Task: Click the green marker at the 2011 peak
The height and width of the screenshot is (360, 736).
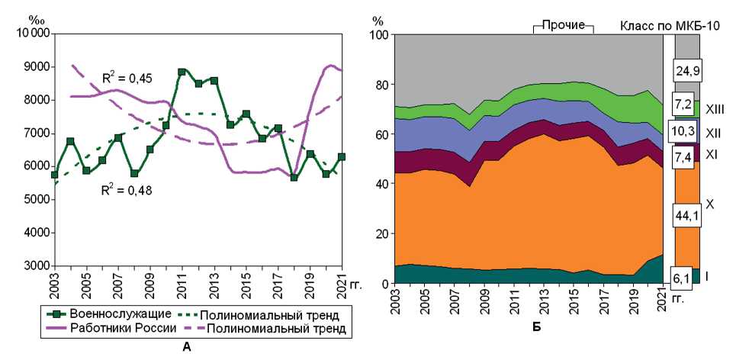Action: coord(182,72)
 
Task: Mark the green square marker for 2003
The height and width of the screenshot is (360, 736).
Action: coord(54,175)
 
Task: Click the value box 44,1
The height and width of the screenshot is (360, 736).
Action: coord(686,216)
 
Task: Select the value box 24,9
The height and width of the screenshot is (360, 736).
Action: coord(686,72)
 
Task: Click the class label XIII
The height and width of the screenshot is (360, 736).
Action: coord(714,109)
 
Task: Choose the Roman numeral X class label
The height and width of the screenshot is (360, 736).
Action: coord(709,204)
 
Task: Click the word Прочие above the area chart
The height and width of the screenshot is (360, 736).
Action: coord(563,24)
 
